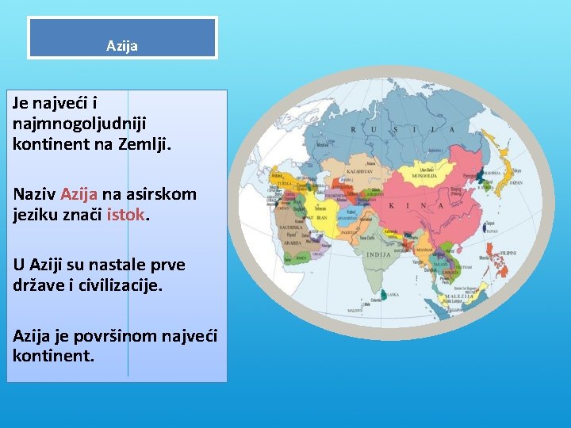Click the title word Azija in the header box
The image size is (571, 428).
point(122,46)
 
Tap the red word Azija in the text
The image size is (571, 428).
point(79,194)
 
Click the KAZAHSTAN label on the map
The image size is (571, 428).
point(360,170)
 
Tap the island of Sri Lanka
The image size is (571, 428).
point(384,293)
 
